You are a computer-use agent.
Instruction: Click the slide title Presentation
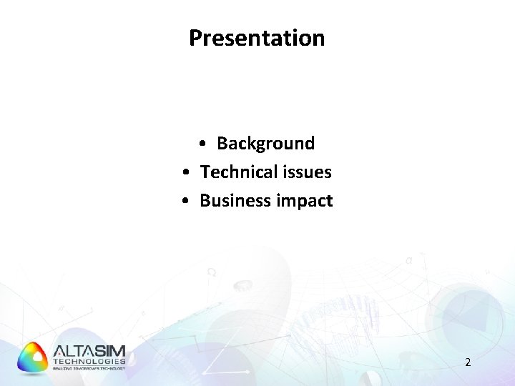coord(257,38)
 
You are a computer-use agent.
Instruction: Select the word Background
coord(265,144)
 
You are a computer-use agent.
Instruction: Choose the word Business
coord(230,201)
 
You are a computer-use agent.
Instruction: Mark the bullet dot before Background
coord(204,144)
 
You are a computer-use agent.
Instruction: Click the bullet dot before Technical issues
coord(185,173)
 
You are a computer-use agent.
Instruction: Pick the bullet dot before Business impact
coord(185,202)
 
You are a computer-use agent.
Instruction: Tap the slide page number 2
coord(468,362)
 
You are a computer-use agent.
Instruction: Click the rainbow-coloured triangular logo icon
coord(33,357)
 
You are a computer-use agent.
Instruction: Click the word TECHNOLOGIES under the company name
coord(89,362)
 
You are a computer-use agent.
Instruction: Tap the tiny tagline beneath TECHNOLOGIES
coord(89,368)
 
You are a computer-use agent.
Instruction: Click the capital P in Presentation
coord(195,38)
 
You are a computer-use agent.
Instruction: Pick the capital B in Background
coord(222,144)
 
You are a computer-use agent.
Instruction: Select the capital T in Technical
coord(205,172)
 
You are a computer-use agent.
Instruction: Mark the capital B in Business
coord(205,201)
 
